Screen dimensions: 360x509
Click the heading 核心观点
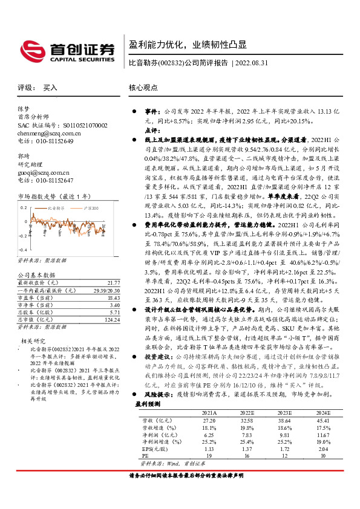click(x=143, y=88)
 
